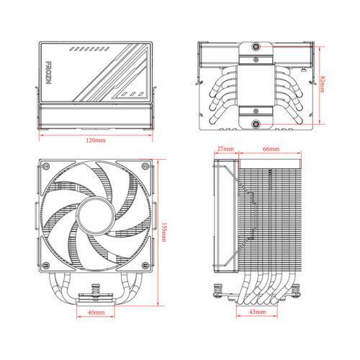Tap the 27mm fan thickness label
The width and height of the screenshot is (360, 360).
225,149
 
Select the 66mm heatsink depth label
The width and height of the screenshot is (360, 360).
271,149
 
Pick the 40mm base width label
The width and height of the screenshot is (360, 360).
95,313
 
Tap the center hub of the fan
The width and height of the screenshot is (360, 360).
94,214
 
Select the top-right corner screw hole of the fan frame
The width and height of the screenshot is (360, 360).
146,166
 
